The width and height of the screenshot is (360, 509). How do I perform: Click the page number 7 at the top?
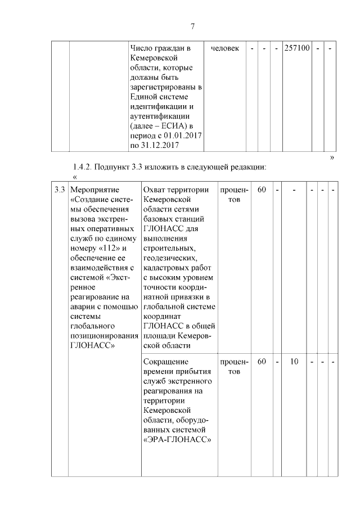tap(192, 26)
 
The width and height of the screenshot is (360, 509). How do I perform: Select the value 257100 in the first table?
tap(296, 48)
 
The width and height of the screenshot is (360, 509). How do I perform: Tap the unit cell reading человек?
tap(224, 48)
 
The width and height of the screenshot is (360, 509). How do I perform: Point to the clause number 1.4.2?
tap(83, 167)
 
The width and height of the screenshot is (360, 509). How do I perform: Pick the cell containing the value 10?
tap(294, 362)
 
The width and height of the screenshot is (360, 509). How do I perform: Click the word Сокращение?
tap(166, 362)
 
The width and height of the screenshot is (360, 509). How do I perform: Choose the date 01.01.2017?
tap(182, 136)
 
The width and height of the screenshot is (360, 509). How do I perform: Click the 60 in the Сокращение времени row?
tap(262, 362)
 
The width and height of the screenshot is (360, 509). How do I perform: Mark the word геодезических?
tap(169, 258)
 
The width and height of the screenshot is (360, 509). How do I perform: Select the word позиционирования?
tap(105, 336)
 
